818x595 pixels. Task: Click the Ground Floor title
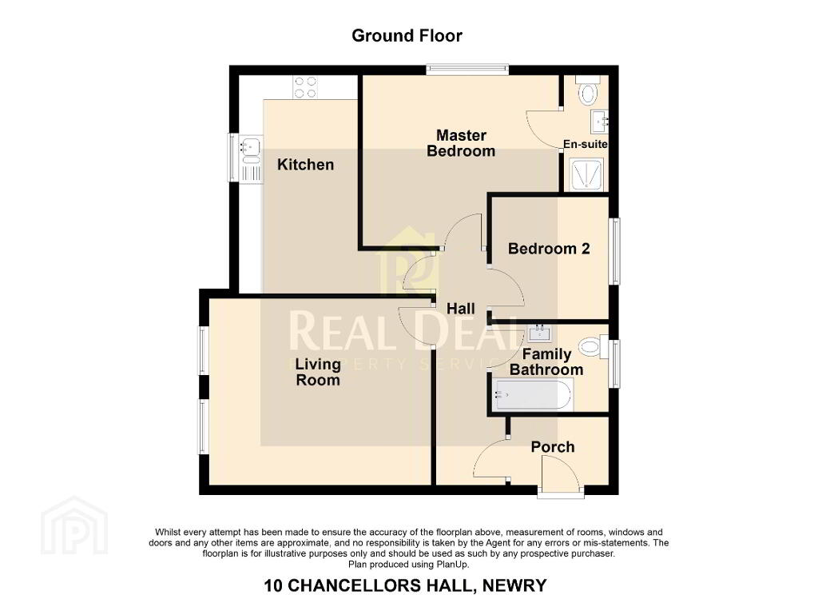407,35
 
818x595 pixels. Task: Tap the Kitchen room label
305,165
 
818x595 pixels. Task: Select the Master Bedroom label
461,143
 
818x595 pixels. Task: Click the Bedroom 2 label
549,249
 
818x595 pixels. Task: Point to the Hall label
461,309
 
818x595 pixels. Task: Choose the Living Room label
318,372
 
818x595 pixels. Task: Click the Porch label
553,447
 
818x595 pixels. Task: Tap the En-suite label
586,144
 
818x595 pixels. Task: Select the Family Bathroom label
546,362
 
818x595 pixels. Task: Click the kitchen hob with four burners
305,87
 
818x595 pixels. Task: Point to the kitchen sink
251,159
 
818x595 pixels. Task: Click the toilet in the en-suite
588,91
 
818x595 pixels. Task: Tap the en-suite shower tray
587,174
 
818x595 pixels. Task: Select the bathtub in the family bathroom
532,395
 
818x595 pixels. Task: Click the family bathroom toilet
594,347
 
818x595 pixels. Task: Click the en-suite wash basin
599,122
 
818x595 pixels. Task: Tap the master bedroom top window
467,69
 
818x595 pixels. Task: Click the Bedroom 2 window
615,251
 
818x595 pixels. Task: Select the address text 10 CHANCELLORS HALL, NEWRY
405,585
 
